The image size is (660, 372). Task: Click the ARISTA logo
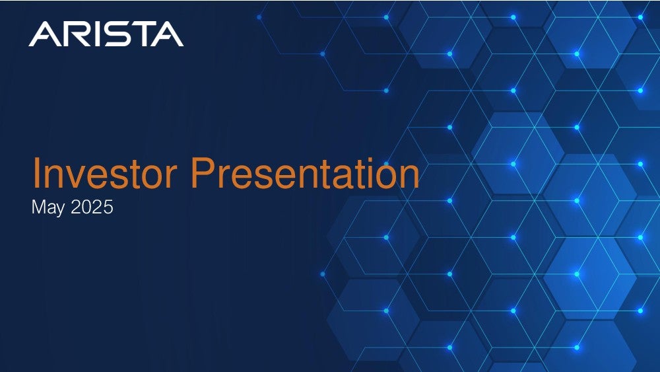point(106,34)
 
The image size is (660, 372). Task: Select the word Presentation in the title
point(305,172)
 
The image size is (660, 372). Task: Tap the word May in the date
point(48,207)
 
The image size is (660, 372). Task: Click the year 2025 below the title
point(92,207)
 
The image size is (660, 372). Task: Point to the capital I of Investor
point(36,172)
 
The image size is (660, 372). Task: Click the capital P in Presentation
point(203,172)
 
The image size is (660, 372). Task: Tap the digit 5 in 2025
point(108,207)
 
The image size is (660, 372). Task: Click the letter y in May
point(60,210)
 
